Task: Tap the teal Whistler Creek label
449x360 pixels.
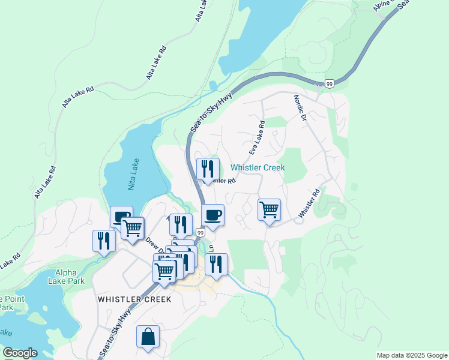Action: tap(258, 168)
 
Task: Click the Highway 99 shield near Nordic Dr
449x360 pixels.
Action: tap(330, 83)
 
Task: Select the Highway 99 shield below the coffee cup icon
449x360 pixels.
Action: tap(200, 232)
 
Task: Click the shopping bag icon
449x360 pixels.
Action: tap(148, 337)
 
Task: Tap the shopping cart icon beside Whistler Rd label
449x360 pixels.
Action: tap(269, 210)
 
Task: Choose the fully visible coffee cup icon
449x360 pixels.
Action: tap(212, 214)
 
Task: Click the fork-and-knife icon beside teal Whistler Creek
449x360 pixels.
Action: tap(208, 169)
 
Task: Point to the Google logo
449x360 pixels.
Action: tap(20, 353)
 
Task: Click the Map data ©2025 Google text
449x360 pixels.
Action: tap(411, 355)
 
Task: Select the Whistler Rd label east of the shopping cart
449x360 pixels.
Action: tap(310, 203)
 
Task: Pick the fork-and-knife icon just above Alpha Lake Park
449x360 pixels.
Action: tap(104, 241)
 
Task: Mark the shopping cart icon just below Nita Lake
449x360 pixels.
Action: tap(132, 227)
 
